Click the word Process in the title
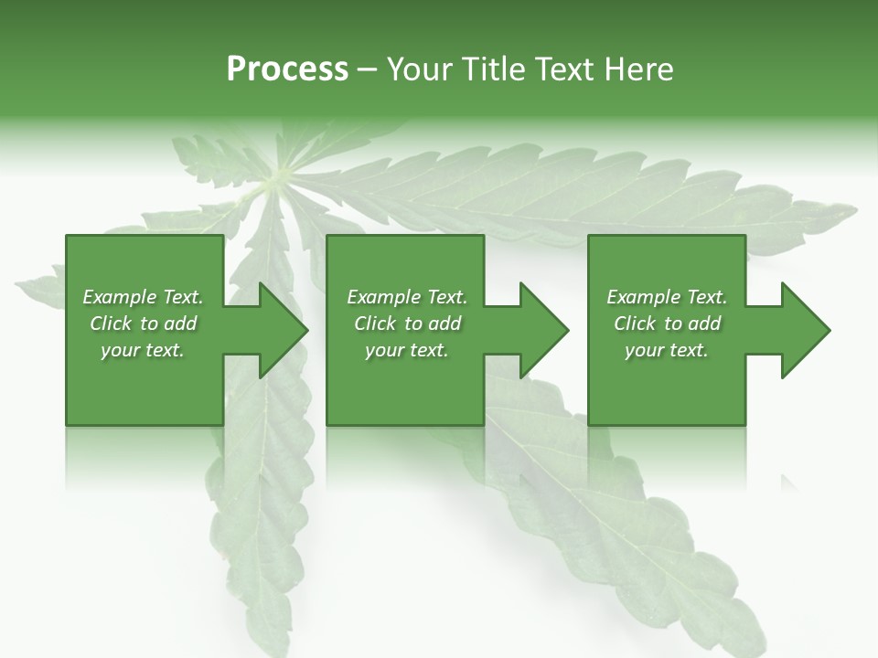pyautogui.click(x=287, y=69)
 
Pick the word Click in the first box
pyautogui.click(x=112, y=324)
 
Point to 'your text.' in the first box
pyautogui.click(x=143, y=350)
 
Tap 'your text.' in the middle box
pyautogui.click(x=407, y=350)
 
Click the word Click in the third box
pyautogui.click(x=636, y=324)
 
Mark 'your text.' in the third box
pyautogui.click(x=667, y=350)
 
